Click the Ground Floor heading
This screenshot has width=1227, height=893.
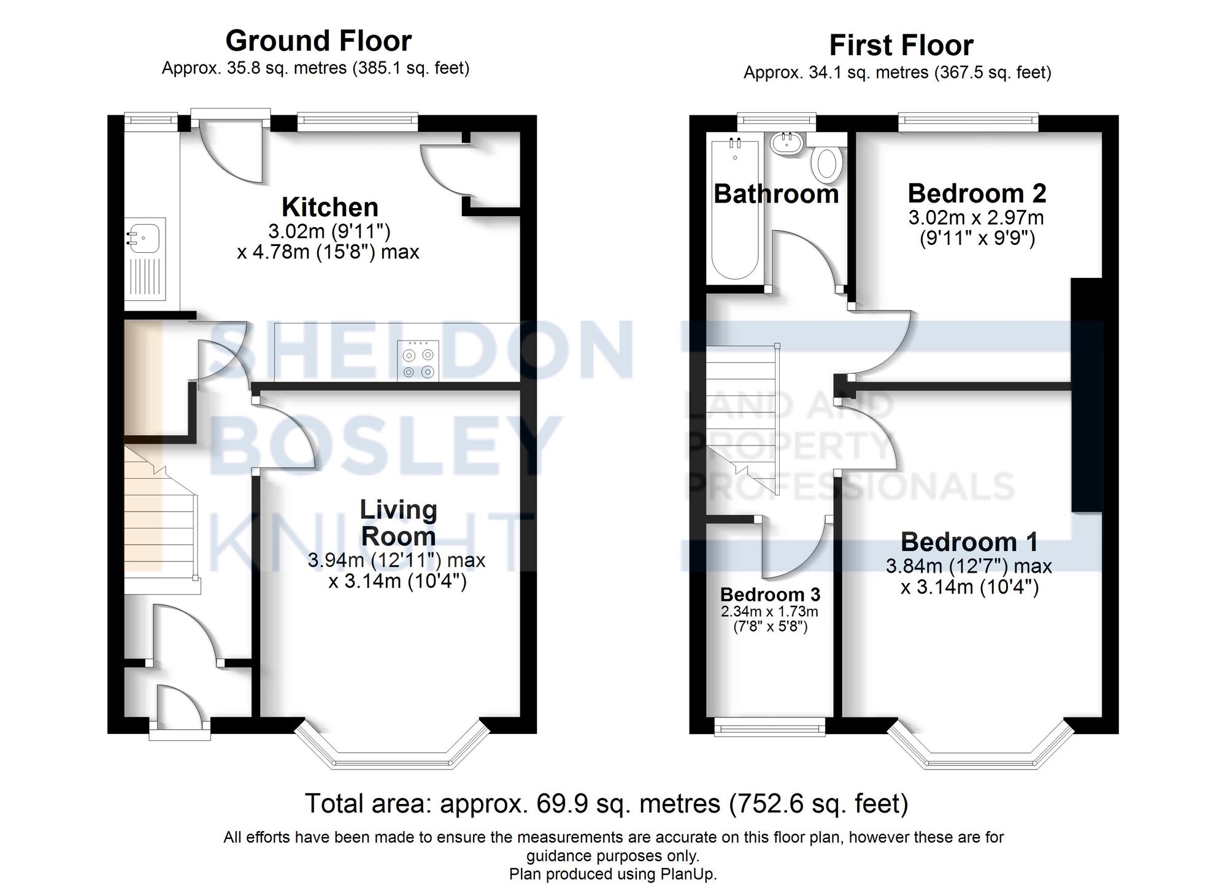318,41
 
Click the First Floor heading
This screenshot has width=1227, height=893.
901,45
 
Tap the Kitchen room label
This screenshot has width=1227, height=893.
329,207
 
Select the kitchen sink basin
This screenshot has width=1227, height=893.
144,236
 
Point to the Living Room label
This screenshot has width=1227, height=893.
398,523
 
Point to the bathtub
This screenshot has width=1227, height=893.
734,209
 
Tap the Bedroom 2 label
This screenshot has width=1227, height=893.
977,194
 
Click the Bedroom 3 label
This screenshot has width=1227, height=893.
770,594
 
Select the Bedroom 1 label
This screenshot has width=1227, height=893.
969,543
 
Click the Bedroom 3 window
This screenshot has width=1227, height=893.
769,728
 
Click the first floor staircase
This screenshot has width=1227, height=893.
742,417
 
